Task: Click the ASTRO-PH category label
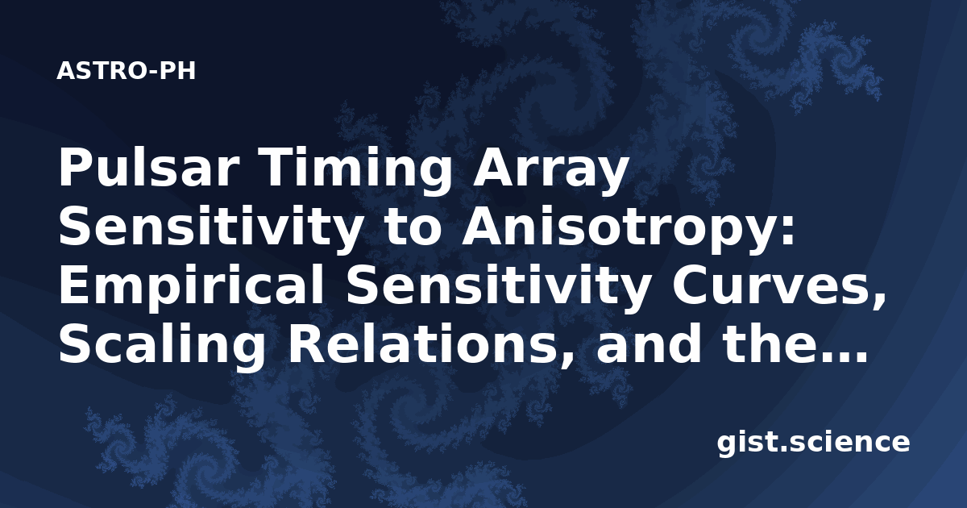tap(126, 71)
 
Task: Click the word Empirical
tap(191, 287)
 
